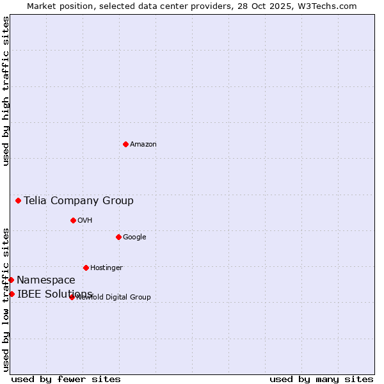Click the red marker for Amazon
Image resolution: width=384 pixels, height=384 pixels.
tap(125, 144)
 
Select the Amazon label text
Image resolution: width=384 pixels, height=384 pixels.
tap(143, 145)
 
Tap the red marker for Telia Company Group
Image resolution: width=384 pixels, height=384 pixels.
tap(18, 200)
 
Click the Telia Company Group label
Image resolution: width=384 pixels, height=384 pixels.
tap(79, 201)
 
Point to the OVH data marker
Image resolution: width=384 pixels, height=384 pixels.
tap(73, 220)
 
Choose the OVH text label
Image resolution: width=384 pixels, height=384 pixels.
tap(85, 221)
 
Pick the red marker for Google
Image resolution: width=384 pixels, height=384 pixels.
tap(118, 237)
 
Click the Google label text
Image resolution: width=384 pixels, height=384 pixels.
tap(134, 237)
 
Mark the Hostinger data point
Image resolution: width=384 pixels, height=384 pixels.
tap(86, 268)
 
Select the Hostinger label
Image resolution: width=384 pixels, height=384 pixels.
tap(106, 268)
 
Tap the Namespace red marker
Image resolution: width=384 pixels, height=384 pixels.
tap(11, 280)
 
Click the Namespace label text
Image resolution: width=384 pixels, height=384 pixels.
tap(46, 280)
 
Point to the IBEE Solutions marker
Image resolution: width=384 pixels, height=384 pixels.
tap(12, 294)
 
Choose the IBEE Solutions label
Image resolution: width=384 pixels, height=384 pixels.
tap(55, 294)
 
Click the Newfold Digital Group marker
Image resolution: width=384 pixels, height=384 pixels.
tap(72, 297)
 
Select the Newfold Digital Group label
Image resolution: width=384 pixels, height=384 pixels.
tap(114, 298)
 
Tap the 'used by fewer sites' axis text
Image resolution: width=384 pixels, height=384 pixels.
tap(66, 379)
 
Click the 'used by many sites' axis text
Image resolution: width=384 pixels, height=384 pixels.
tap(321, 379)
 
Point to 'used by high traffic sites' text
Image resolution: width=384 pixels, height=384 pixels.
tap(6, 91)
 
